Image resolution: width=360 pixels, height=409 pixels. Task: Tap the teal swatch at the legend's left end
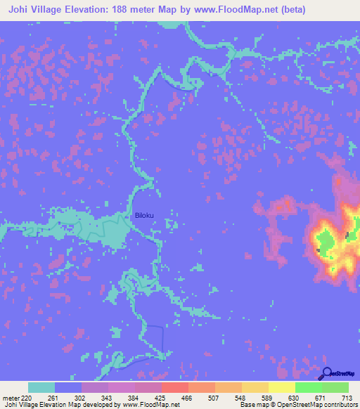pyautogui.click(x=41, y=387)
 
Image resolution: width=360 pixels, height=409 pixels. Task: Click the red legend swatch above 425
pyautogui.click(x=174, y=387)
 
